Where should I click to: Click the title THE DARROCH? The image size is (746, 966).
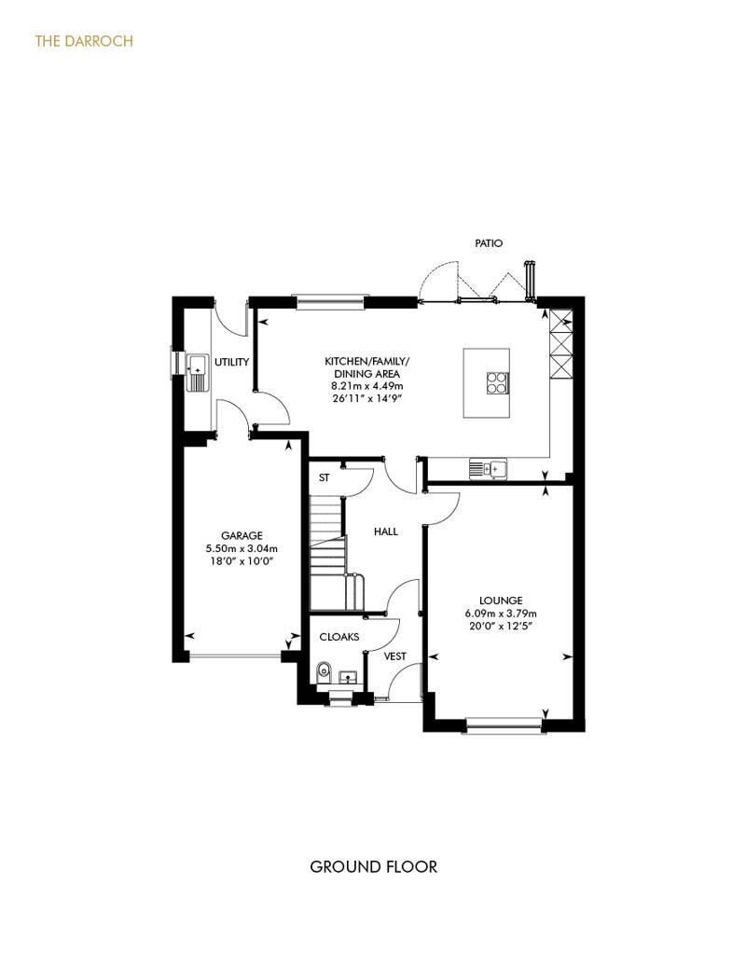pos(84,41)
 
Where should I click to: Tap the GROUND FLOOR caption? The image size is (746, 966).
pos(373,867)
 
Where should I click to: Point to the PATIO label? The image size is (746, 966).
pos(489,243)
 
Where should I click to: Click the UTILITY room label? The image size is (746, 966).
pos(231,362)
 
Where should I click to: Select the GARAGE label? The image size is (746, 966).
pos(242,535)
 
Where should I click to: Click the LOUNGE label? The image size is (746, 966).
pos(501,600)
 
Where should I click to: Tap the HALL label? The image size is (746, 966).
pos(386,531)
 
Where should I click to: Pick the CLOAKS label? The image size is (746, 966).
pos(338,637)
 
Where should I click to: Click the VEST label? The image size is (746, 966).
pos(394,656)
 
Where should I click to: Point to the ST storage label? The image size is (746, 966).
pos(324,477)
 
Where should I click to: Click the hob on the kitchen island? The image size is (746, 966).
pos(497,382)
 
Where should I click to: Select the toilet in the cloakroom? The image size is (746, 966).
pos(324,673)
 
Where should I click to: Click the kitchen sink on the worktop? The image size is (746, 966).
pos(488,469)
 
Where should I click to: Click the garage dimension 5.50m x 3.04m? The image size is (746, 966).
pos(242,548)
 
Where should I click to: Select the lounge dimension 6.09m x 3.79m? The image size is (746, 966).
pos(501,613)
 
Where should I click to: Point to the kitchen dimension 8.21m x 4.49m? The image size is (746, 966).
pos(367,386)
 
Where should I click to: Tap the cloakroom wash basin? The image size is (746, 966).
pos(350,677)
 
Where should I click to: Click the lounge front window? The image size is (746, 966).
pos(504,725)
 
